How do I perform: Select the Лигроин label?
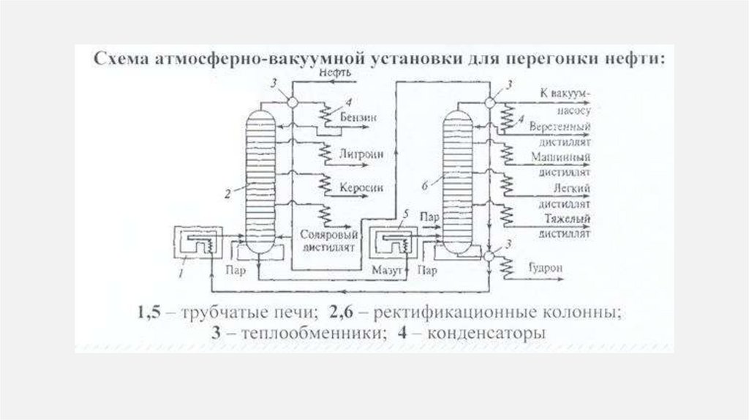[x=357, y=154]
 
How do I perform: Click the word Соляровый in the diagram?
[x=328, y=235]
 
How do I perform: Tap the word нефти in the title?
[x=639, y=59]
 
